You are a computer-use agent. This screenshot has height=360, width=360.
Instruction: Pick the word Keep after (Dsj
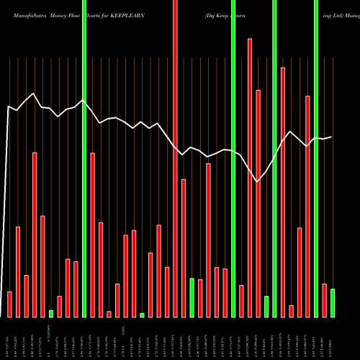click(x=228, y=14)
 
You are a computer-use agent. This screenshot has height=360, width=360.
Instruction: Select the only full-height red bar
click(x=175, y=158)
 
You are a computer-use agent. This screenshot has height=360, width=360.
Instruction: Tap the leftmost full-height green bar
click(x=84, y=158)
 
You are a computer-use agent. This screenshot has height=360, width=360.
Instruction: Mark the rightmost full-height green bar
click(x=316, y=158)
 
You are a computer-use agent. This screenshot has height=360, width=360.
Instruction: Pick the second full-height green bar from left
click(x=233, y=158)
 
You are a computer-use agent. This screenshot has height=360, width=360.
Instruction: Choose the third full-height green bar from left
click(x=274, y=158)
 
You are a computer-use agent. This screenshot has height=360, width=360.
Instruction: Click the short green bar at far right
click(x=333, y=302)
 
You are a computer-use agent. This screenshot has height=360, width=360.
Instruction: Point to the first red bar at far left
click(x=9, y=304)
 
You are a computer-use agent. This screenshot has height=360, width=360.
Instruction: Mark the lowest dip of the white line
click(x=258, y=182)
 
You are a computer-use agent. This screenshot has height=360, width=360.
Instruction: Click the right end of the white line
click(x=332, y=137)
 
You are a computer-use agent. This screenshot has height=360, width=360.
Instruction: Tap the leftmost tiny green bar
click(x=51, y=313)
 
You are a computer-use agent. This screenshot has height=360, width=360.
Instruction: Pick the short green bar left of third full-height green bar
click(x=266, y=306)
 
